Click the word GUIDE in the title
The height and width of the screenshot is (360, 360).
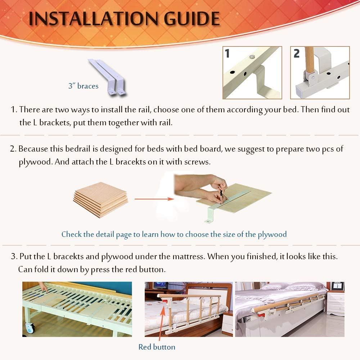tap(189, 19)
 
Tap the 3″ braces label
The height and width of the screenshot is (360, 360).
tap(83, 86)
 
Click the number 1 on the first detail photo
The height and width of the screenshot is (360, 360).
tap(227, 54)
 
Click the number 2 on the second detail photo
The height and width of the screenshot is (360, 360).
tap(296, 54)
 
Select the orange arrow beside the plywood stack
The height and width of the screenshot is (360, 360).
tap(152, 198)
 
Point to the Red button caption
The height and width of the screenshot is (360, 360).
tap(157, 347)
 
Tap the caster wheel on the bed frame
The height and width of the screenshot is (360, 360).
tap(30, 327)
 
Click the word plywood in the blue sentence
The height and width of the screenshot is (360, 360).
tap(272, 234)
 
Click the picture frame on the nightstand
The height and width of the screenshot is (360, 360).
tap(337, 286)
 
